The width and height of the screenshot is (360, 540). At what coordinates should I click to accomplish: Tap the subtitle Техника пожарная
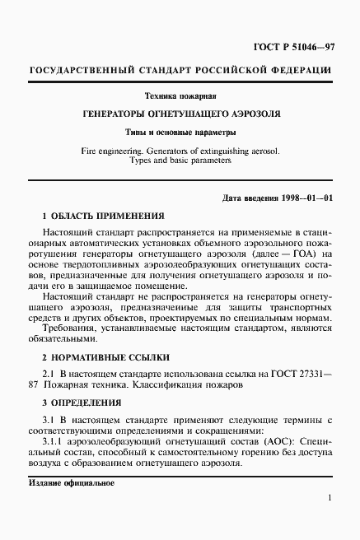point(180,95)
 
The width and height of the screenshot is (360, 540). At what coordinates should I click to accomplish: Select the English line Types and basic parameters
point(180,161)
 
